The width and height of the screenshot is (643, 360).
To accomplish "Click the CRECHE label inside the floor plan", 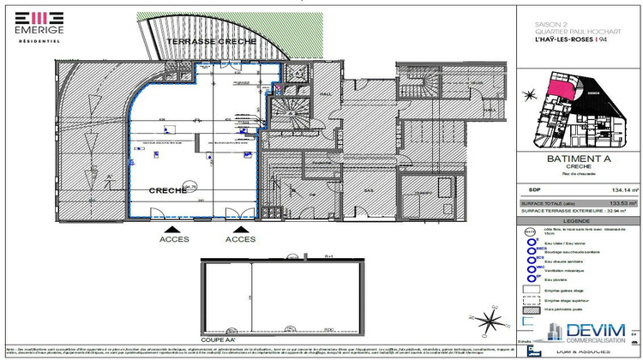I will point(168,190).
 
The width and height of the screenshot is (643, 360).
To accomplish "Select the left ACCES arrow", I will point(173,231).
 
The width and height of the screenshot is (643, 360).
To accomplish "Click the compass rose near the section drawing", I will point(490,325).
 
